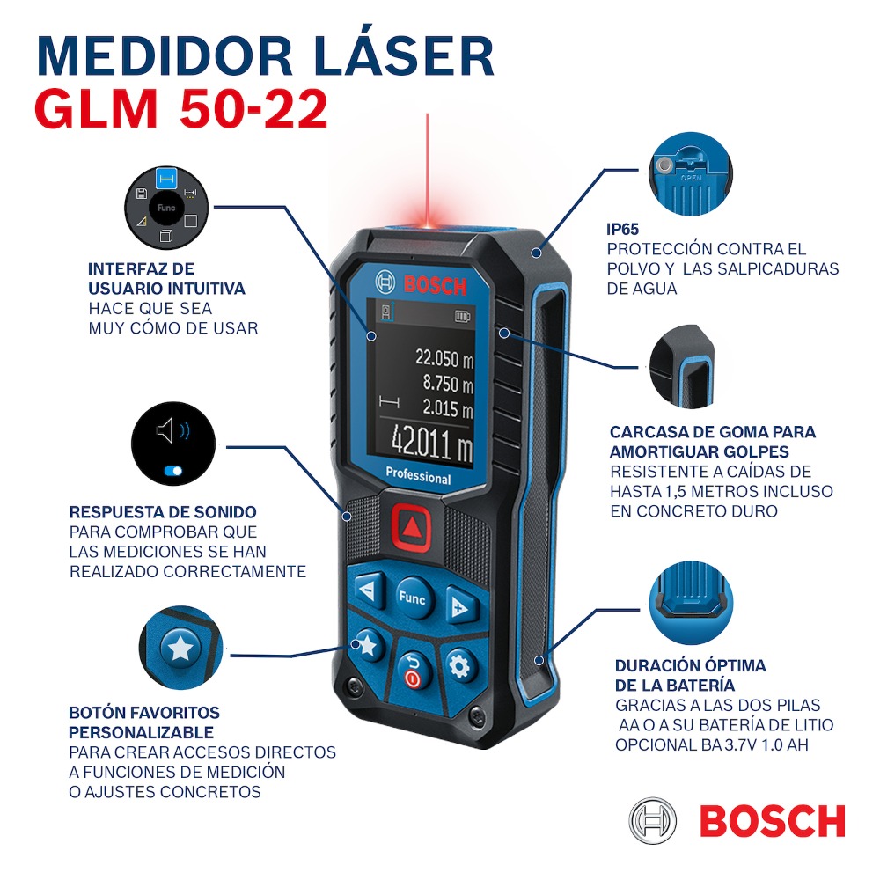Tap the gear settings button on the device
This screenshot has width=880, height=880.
tap(458, 666)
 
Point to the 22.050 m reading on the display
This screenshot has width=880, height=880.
tap(444, 357)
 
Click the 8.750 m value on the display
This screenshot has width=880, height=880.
tap(448, 384)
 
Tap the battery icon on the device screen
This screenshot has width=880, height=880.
tap(463, 315)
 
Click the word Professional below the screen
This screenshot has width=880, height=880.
tap(418, 478)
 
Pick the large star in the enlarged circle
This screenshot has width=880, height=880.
tap(181, 649)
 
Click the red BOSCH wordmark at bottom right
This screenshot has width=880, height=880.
tap(772, 821)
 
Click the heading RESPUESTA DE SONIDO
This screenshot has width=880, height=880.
tap(163, 512)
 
